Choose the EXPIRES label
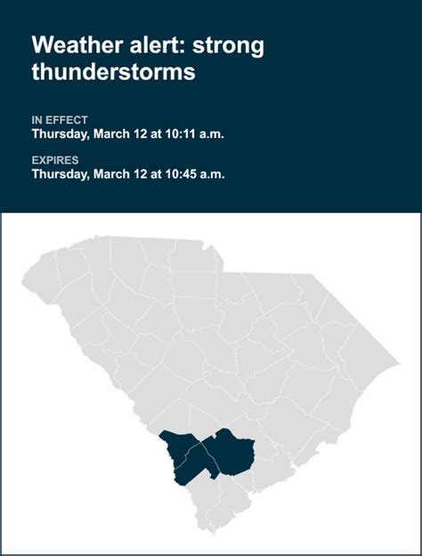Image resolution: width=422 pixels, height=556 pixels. point(55,160)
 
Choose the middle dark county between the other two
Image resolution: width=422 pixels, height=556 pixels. point(201,455)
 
